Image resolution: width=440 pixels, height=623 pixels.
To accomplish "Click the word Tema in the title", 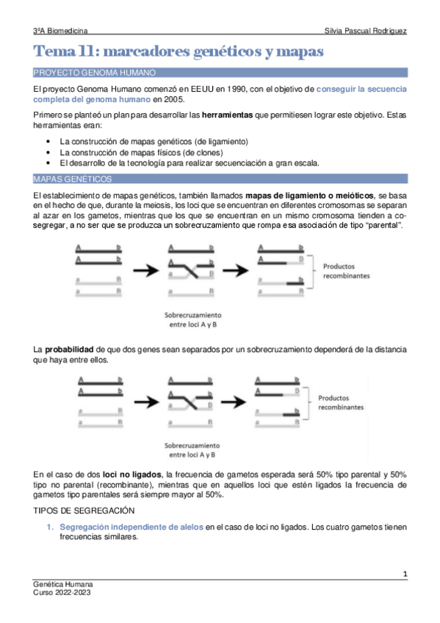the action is tap(56, 52).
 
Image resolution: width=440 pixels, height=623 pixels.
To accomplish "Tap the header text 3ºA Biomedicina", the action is tap(61, 32).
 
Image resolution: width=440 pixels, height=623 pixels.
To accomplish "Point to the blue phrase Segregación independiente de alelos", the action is tap(131, 527).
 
